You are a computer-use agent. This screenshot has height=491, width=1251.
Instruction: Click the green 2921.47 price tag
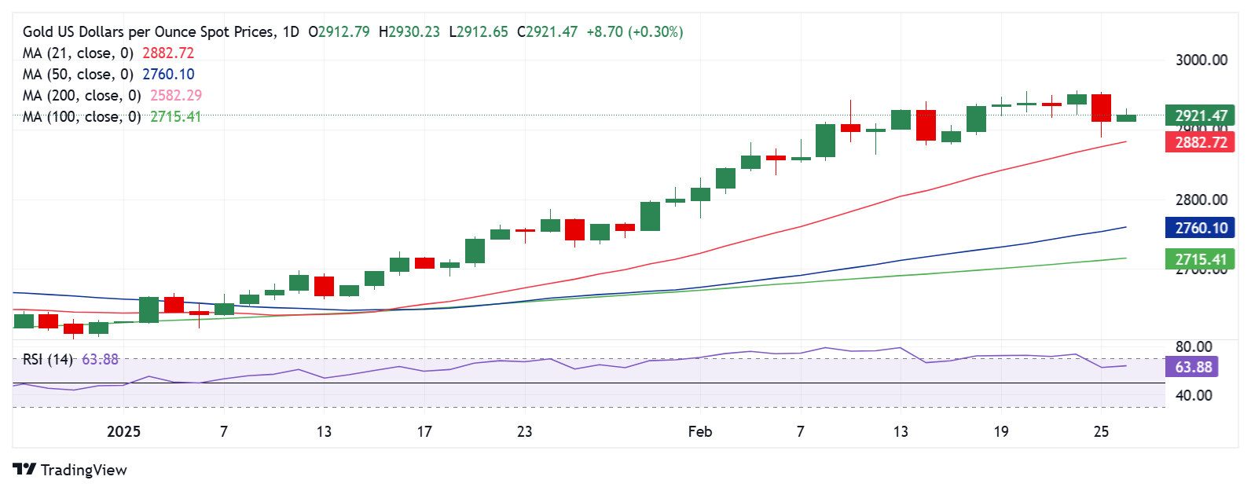point(1200,115)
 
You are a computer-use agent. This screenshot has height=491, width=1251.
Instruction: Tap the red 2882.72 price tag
point(1200,142)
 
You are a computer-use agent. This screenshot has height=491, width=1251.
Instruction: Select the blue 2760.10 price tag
point(1200,228)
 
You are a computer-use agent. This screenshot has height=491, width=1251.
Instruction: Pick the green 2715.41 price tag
point(1200,259)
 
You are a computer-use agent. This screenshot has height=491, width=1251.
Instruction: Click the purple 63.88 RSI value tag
point(1193,367)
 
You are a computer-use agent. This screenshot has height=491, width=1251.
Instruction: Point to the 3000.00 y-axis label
point(1201,60)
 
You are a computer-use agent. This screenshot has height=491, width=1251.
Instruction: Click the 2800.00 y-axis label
point(1201,200)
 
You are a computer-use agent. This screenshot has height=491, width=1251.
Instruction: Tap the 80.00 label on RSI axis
point(1193,346)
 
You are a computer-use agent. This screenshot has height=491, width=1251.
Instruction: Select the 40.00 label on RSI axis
point(1193,395)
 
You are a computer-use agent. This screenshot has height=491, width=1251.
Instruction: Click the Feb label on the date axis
point(699,431)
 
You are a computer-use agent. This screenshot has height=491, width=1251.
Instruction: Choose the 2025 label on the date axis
point(123,431)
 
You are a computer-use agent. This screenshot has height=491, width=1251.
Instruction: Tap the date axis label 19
point(1000,431)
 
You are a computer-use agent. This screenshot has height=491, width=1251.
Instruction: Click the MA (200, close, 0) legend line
point(82,95)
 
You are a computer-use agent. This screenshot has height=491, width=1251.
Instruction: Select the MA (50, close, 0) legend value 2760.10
point(168,74)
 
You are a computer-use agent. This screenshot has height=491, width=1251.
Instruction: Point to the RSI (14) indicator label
point(48,359)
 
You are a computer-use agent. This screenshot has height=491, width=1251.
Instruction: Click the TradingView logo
point(70,470)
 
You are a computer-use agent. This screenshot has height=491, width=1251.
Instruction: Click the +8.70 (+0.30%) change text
point(634,32)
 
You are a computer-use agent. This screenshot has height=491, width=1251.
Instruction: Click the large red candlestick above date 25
point(1101,108)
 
